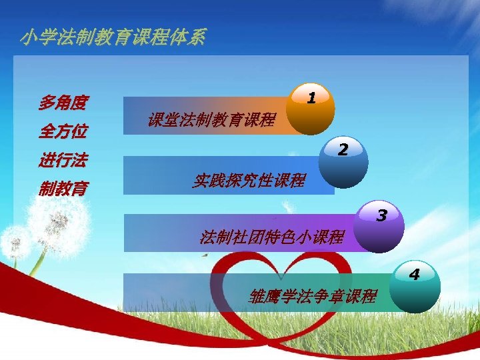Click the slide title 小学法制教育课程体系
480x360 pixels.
[113, 37]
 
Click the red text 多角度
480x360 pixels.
[63, 103]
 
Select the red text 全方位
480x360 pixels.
[63, 131]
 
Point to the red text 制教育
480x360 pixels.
[63, 189]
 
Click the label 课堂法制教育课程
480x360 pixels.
[211, 120]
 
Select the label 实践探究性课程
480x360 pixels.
[249, 180]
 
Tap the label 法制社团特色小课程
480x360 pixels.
[272, 237]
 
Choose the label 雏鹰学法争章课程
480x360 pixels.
[313, 296]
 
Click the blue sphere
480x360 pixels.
[343, 163]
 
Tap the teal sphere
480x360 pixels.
[414, 288]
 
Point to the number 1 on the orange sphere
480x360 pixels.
[311, 97]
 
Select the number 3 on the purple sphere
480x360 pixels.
[381, 215]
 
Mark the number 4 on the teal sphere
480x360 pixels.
[414, 273]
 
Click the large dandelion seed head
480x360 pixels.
[57, 225]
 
